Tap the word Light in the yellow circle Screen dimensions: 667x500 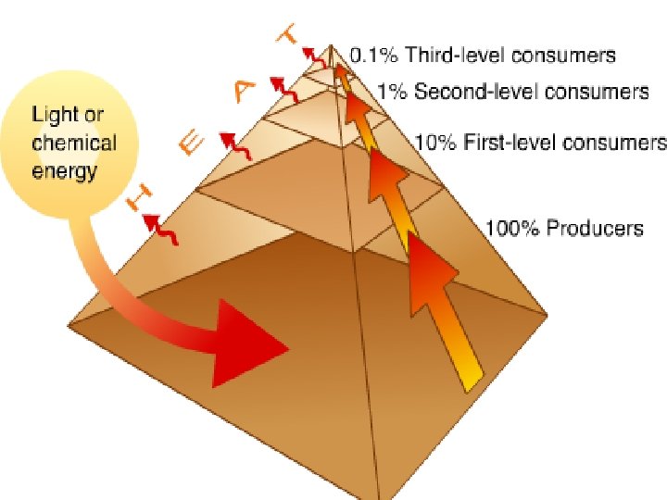coord(55,117)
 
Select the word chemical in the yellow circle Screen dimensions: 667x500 coord(74,144)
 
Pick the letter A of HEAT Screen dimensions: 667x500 coord(243,91)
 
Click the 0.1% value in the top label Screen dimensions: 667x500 coord(370,56)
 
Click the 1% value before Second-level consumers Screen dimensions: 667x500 coord(392,92)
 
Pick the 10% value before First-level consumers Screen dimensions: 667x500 coord(432,143)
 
